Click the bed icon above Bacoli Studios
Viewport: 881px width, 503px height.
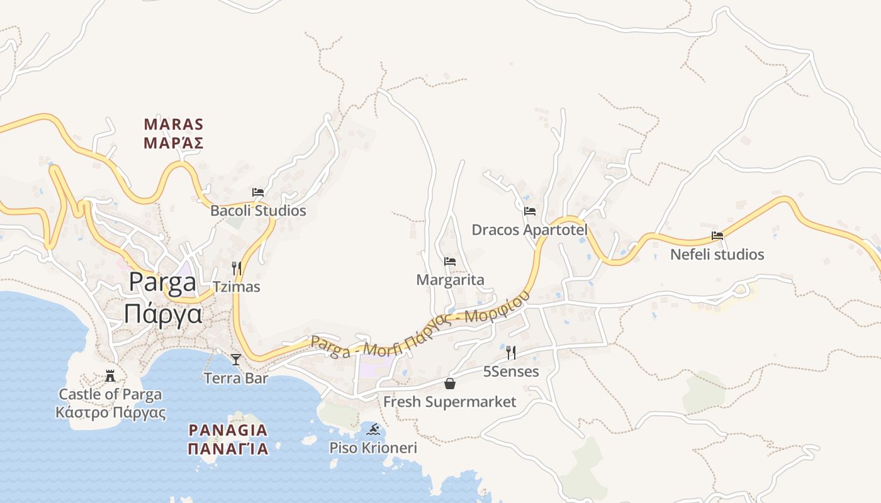[257, 192]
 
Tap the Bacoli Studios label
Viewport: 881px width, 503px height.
[258, 211]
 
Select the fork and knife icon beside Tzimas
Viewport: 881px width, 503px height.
[237, 268]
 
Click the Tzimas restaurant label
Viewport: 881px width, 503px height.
[237, 287]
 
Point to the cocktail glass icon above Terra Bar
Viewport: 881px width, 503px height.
[236, 359]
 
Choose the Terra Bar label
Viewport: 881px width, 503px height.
[236, 378]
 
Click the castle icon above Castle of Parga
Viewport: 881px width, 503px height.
[110, 377]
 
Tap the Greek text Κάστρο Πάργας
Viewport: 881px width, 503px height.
[110, 412]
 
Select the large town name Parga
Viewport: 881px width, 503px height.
[162, 282]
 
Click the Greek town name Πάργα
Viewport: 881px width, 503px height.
[162, 313]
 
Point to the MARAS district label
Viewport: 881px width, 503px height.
[174, 124]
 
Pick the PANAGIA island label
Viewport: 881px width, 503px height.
[228, 431]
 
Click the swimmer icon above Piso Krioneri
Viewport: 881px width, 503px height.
[374, 429]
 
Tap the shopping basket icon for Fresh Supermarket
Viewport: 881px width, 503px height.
[450, 383]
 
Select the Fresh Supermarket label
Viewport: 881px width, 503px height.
[450, 402]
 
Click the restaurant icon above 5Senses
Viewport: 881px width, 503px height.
[511, 353]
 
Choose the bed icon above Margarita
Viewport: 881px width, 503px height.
[450, 262]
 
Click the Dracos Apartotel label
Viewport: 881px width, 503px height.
[529, 229]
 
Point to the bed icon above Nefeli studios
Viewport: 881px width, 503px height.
[717, 236]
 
